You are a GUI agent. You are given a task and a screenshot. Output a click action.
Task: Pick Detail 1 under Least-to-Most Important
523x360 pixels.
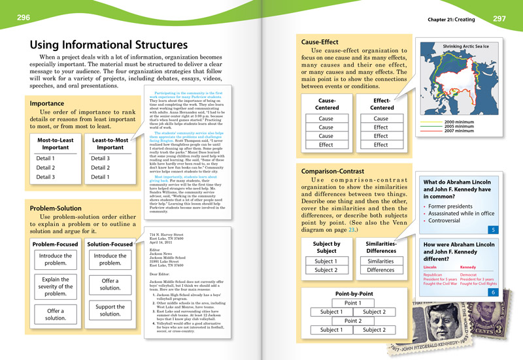point(101,177)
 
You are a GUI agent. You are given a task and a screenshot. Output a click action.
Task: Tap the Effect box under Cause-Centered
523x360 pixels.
point(326,144)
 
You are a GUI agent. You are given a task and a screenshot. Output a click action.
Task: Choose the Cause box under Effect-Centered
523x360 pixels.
point(380,119)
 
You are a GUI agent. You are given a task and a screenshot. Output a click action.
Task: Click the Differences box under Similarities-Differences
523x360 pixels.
point(380,270)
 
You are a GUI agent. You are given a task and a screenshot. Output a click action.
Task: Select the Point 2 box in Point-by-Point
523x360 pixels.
point(352,321)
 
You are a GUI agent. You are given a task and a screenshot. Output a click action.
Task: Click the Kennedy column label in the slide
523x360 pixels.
point(468,267)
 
